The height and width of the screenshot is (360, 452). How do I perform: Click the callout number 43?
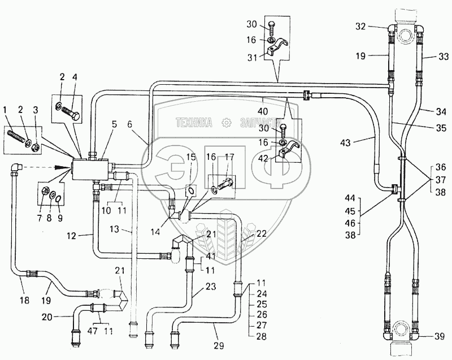point(345,142)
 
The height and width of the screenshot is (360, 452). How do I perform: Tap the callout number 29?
point(219,345)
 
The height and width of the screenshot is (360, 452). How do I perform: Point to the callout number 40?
point(263,111)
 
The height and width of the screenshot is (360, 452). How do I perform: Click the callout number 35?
point(441,128)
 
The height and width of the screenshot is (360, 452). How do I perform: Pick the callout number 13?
point(115,229)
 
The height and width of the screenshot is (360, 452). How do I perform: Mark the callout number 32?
point(360,27)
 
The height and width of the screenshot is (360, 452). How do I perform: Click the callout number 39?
point(439,337)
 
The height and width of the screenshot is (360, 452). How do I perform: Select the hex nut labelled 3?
point(36,148)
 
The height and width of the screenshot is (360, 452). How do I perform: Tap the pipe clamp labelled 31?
point(277,48)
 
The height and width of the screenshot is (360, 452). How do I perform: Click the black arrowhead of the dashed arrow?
point(64,167)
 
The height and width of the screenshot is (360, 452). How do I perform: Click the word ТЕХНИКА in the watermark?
point(194,123)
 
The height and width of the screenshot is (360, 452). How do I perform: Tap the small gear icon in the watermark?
point(226,123)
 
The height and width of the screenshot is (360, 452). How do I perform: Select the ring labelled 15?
point(190,190)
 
